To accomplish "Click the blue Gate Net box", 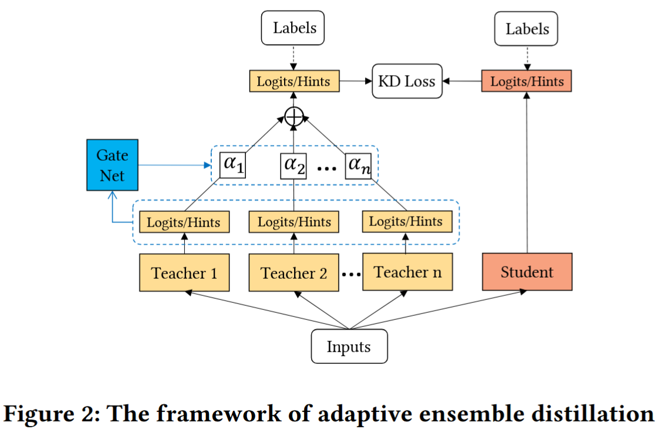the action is [x=112, y=165].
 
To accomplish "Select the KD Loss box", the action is [x=407, y=81].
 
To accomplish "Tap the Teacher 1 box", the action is [x=184, y=273].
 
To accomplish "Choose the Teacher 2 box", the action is [x=294, y=273].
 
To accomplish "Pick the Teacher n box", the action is [x=407, y=272].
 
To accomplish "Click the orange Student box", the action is [x=527, y=272].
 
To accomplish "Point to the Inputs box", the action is [x=349, y=346].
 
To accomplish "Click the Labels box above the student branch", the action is [x=526, y=29].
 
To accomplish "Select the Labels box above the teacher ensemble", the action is [x=293, y=28].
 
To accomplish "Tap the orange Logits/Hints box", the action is [x=526, y=81].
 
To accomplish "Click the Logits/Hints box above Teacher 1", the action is [x=184, y=222].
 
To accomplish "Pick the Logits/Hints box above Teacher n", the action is [x=407, y=221].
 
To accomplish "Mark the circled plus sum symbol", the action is [x=294, y=117].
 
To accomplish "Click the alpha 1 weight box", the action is [x=232, y=165].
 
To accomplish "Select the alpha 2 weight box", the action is [x=293, y=166].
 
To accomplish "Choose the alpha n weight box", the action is [x=359, y=166].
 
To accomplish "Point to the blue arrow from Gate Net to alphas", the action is [x=175, y=165].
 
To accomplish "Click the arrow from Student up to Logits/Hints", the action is [x=526, y=173].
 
